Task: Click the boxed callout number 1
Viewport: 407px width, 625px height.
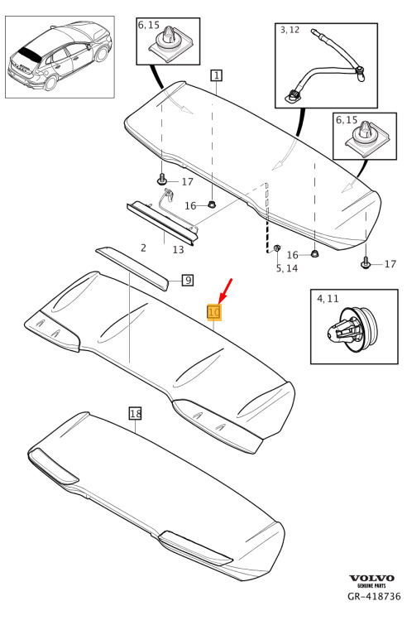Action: click(216, 75)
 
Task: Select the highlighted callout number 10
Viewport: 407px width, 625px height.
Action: click(214, 312)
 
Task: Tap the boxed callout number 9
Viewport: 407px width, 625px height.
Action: click(187, 280)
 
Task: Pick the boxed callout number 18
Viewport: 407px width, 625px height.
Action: click(136, 413)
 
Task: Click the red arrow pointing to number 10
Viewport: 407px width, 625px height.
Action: click(225, 291)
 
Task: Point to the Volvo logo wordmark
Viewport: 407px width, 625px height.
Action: click(371, 578)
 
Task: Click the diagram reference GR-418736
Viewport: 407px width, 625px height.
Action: click(374, 596)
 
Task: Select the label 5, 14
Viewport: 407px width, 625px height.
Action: click(287, 268)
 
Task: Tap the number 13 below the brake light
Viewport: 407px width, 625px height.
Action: click(178, 249)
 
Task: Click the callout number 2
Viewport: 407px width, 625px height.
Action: click(143, 248)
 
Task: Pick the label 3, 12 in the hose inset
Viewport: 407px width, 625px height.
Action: click(290, 30)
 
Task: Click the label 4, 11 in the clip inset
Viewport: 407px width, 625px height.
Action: click(328, 299)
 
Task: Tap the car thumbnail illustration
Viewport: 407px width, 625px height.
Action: click(60, 57)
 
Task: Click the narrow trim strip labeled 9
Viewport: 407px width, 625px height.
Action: click(132, 268)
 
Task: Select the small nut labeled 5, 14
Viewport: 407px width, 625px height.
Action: click(278, 248)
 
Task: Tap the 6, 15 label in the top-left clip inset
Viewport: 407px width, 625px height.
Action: click(149, 25)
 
